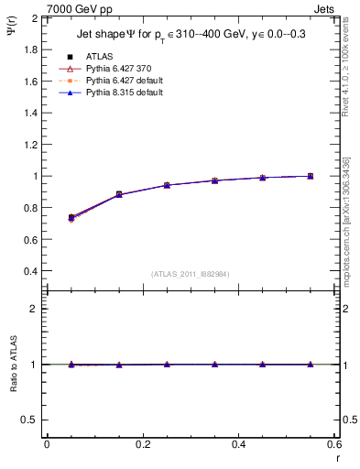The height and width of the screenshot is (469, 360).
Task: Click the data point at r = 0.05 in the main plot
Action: (71, 217)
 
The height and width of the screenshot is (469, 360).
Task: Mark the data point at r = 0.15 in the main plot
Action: (119, 194)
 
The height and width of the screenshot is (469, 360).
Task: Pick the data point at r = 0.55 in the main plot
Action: (311, 176)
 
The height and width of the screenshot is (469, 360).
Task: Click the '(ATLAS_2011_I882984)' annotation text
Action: (191, 274)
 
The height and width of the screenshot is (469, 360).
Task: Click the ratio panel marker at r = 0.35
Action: (214, 365)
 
